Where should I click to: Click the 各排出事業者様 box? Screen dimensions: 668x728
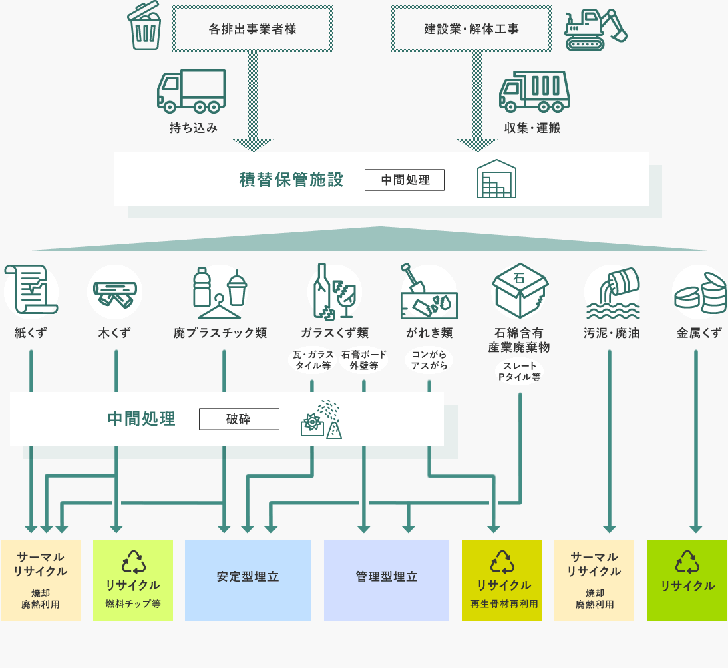252,29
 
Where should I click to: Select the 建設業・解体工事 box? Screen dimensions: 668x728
472,29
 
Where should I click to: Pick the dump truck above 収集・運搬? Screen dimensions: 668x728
534,92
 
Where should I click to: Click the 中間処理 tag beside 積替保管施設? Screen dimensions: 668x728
405,180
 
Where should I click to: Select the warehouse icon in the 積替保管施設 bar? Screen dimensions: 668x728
497,179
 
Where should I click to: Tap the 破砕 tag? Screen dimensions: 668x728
239,419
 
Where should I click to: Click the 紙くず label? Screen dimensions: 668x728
31,333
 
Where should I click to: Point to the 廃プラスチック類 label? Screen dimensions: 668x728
220,333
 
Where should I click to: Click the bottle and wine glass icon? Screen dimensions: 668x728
335,291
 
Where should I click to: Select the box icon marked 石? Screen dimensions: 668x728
520,289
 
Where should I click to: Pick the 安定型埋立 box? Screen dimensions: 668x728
248,577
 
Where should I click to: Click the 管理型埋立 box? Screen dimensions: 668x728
387,577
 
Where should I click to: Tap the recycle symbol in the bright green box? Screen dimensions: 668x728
687,562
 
